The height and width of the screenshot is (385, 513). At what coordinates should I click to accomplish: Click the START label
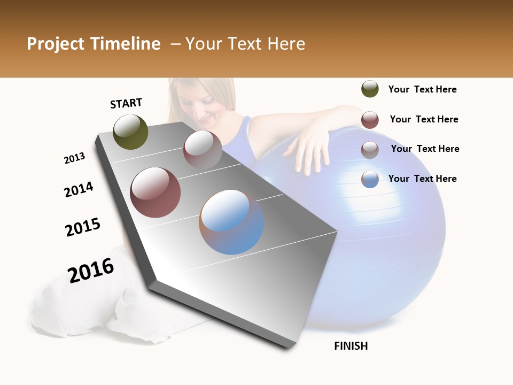point(126,103)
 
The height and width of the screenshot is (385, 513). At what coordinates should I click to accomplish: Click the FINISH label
point(351,346)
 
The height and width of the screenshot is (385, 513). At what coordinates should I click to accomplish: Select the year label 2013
point(74,158)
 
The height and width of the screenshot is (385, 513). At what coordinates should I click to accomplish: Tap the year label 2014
point(79,189)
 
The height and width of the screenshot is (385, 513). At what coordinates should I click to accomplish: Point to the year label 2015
point(83,227)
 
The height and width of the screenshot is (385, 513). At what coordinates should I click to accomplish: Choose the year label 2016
point(91,270)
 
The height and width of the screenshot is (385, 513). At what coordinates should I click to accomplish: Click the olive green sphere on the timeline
point(130,132)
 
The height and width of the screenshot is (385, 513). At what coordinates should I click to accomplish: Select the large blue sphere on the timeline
point(231,222)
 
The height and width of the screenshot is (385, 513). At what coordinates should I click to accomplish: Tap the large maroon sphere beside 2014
point(155,192)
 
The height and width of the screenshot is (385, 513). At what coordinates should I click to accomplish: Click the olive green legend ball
point(370,89)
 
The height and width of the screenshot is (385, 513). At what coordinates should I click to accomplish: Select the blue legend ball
point(370,179)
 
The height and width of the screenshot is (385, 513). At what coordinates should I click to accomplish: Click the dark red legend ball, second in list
point(370,120)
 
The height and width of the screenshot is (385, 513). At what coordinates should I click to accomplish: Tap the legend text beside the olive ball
point(422,89)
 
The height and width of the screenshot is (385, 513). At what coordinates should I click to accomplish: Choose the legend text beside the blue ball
point(422,179)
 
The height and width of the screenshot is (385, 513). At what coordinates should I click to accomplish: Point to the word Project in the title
point(56,44)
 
